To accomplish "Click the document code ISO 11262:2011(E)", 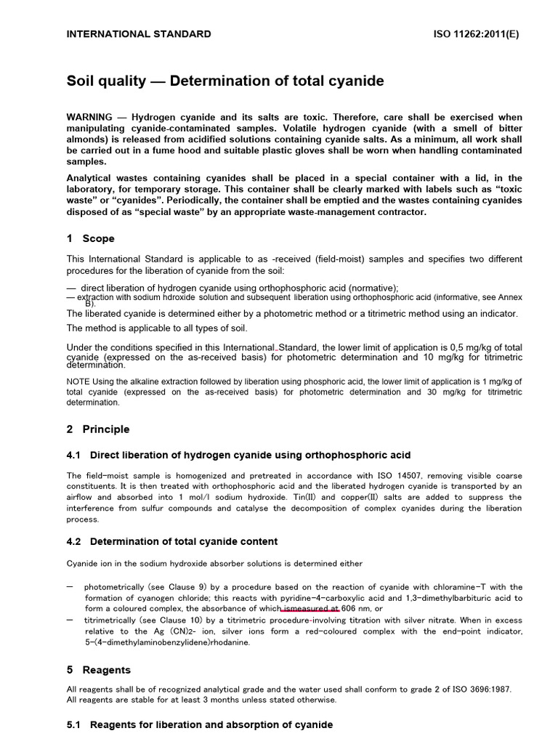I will point(476,33).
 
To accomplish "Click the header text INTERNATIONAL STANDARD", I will point(139,33).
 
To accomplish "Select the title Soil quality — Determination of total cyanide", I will point(225,81).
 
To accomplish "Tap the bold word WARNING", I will point(89,117).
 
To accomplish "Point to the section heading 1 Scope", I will point(91,238).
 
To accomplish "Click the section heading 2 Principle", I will point(98,429).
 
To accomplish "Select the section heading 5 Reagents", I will point(99,670).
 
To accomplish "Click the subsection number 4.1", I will point(75,456).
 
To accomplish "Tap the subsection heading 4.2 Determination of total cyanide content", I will point(171,541).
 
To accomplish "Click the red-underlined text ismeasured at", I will point(310,608).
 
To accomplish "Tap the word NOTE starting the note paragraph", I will point(78,381).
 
